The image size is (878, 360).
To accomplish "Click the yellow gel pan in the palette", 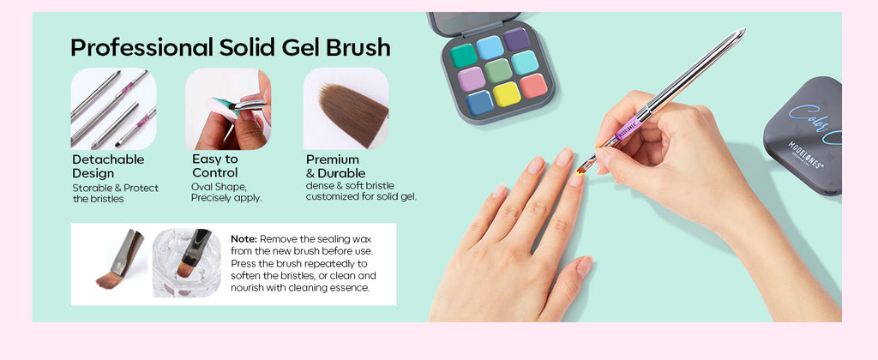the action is tap(506, 94).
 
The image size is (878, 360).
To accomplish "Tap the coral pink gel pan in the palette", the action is tap(533, 86).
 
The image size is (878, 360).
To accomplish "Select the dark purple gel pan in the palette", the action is tap(515, 39).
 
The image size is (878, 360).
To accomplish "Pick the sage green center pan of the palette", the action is tap(498, 70).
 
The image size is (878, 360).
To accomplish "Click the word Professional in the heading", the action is tap(141, 48).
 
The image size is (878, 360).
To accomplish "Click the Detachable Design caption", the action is tap(108, 166).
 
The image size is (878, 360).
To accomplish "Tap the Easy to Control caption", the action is tap(215, 165).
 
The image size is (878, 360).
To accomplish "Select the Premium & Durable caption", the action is tap(335, 166).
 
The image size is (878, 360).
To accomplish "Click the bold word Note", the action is tap(244, 239).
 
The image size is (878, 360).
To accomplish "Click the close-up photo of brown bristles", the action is tap(346, 109).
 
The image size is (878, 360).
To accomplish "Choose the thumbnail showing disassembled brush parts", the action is tap(114, 109).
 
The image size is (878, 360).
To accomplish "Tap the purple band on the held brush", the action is tap(628, 129).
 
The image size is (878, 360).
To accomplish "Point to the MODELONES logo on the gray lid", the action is tap(805, 155).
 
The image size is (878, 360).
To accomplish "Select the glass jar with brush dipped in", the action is tap(187, 263).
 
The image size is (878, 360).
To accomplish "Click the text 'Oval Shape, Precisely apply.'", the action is tap(226, 192).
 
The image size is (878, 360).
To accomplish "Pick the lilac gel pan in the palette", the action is tap(471, 79).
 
